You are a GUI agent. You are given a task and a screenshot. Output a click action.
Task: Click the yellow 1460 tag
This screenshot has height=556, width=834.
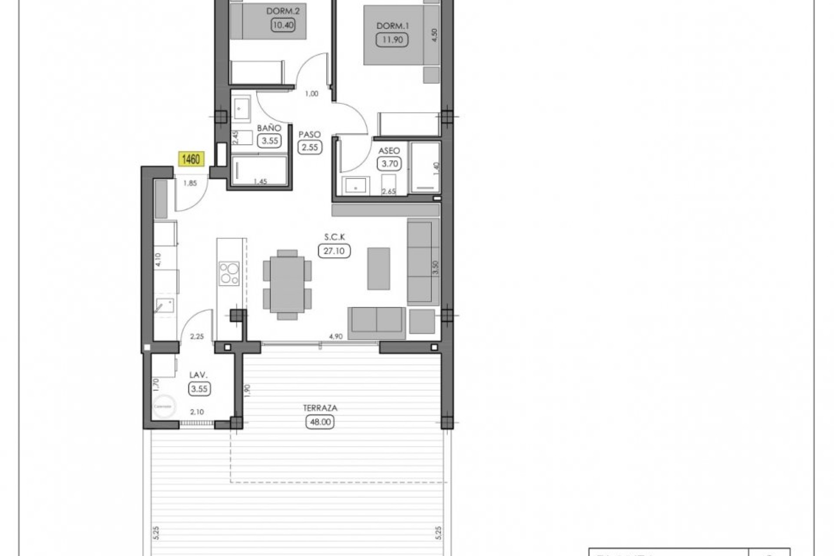pos(191,159)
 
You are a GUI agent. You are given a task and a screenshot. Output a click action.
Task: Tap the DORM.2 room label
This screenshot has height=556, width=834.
pos(283,11)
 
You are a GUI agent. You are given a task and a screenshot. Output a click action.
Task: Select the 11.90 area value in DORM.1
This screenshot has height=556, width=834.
pos(392,40)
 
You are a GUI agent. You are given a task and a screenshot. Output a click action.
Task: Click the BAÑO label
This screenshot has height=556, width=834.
pos(269,128)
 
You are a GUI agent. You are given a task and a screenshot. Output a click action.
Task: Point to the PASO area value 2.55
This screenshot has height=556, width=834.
pos(310,147)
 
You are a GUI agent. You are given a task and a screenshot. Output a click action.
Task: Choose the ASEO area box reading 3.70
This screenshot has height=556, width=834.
pos(389,164)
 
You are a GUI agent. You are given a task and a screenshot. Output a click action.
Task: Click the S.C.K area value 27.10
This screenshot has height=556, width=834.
pos(334,251)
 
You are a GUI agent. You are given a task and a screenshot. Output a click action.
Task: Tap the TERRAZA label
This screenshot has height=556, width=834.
pos(320,408)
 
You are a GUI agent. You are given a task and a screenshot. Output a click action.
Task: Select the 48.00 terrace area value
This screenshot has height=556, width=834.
pos(320,422)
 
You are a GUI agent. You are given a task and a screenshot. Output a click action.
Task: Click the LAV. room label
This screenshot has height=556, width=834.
pos(199,375)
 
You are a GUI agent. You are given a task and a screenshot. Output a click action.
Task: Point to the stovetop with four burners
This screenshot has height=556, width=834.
pos(229,273)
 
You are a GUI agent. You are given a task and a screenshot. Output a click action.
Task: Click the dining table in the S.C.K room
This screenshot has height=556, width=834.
pos(287,284)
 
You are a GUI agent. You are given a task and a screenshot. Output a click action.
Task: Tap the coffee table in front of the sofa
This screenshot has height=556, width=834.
pos(378,268)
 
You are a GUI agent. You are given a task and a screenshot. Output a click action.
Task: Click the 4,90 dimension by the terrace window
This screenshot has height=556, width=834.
pos(336,336)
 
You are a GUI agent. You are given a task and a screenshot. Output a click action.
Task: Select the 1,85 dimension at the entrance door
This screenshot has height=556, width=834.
pos(190,183)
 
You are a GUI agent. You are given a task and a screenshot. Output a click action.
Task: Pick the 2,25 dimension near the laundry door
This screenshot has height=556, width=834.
pos(197,336)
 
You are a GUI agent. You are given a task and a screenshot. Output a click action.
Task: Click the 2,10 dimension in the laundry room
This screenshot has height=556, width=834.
pos(197,412)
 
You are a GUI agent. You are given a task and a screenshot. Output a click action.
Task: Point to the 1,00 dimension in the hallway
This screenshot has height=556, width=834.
pos(311,93)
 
